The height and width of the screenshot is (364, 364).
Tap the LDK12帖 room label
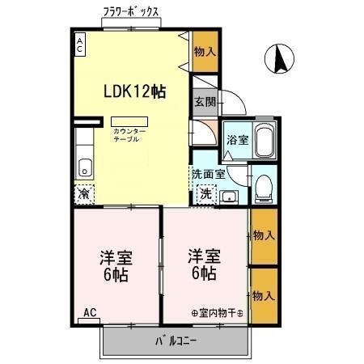134,91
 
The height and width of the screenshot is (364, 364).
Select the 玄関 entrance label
204,102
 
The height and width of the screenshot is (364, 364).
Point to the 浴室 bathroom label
236,140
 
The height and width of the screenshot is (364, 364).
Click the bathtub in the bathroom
264,142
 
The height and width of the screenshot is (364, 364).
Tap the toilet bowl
262,188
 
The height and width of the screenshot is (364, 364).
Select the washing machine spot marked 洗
205,193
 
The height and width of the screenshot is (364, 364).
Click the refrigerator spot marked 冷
84,193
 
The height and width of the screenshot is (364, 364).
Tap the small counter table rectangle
129,121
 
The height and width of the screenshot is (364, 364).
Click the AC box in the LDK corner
80,45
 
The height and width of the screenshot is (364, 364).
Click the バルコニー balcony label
176,341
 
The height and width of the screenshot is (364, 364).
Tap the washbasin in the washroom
228,195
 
